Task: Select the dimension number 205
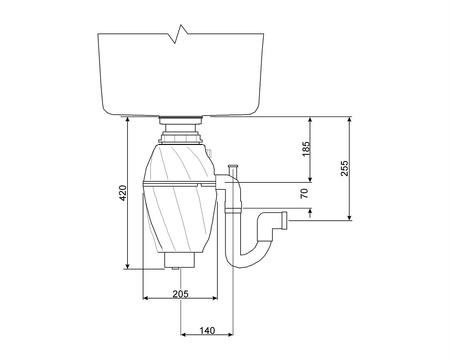tap(180, 293)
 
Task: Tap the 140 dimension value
tap(207, 330)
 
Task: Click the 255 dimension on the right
tap(344, 168)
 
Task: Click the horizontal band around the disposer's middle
tap(180, 184)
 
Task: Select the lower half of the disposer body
tap(180, 220)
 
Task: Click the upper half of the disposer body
tap(180, 160)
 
